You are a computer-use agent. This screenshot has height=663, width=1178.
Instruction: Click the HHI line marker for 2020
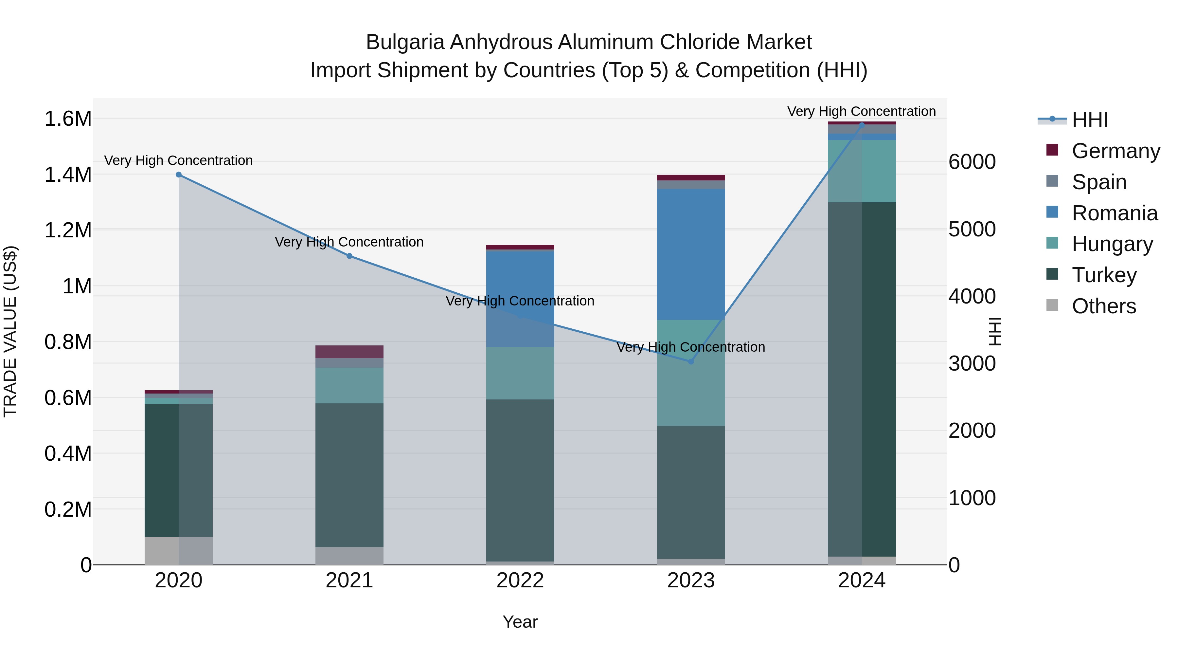click(179, 175)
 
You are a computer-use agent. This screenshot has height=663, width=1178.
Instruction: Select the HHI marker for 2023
click(691, 361)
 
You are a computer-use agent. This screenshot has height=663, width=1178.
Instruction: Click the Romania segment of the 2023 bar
click(691, 254)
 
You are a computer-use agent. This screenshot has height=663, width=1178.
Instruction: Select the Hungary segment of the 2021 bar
click(349, 385)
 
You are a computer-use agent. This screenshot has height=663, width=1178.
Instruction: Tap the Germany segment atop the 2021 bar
click(349, 351)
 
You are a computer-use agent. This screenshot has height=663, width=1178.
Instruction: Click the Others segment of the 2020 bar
click(179, 550)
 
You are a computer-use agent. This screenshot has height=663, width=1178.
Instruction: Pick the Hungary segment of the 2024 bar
click(862, 171)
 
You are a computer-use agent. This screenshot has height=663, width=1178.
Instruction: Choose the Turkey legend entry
click(1104, 275)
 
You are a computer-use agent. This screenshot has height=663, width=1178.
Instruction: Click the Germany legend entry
click(1116, 151)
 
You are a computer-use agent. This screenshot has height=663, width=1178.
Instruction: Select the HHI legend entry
click(1090, 120)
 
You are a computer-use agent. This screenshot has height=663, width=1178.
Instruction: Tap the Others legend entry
click(1103, 306)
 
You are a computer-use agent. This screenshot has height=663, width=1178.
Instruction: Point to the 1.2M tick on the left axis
click(68, 230)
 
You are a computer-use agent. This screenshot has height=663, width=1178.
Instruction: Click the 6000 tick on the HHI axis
click(972, 162)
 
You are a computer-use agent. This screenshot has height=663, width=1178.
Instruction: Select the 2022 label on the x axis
click(520, 580)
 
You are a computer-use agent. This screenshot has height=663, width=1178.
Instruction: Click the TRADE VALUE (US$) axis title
click(10, 331)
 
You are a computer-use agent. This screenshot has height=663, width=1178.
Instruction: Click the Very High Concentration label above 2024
click(862, 111)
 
